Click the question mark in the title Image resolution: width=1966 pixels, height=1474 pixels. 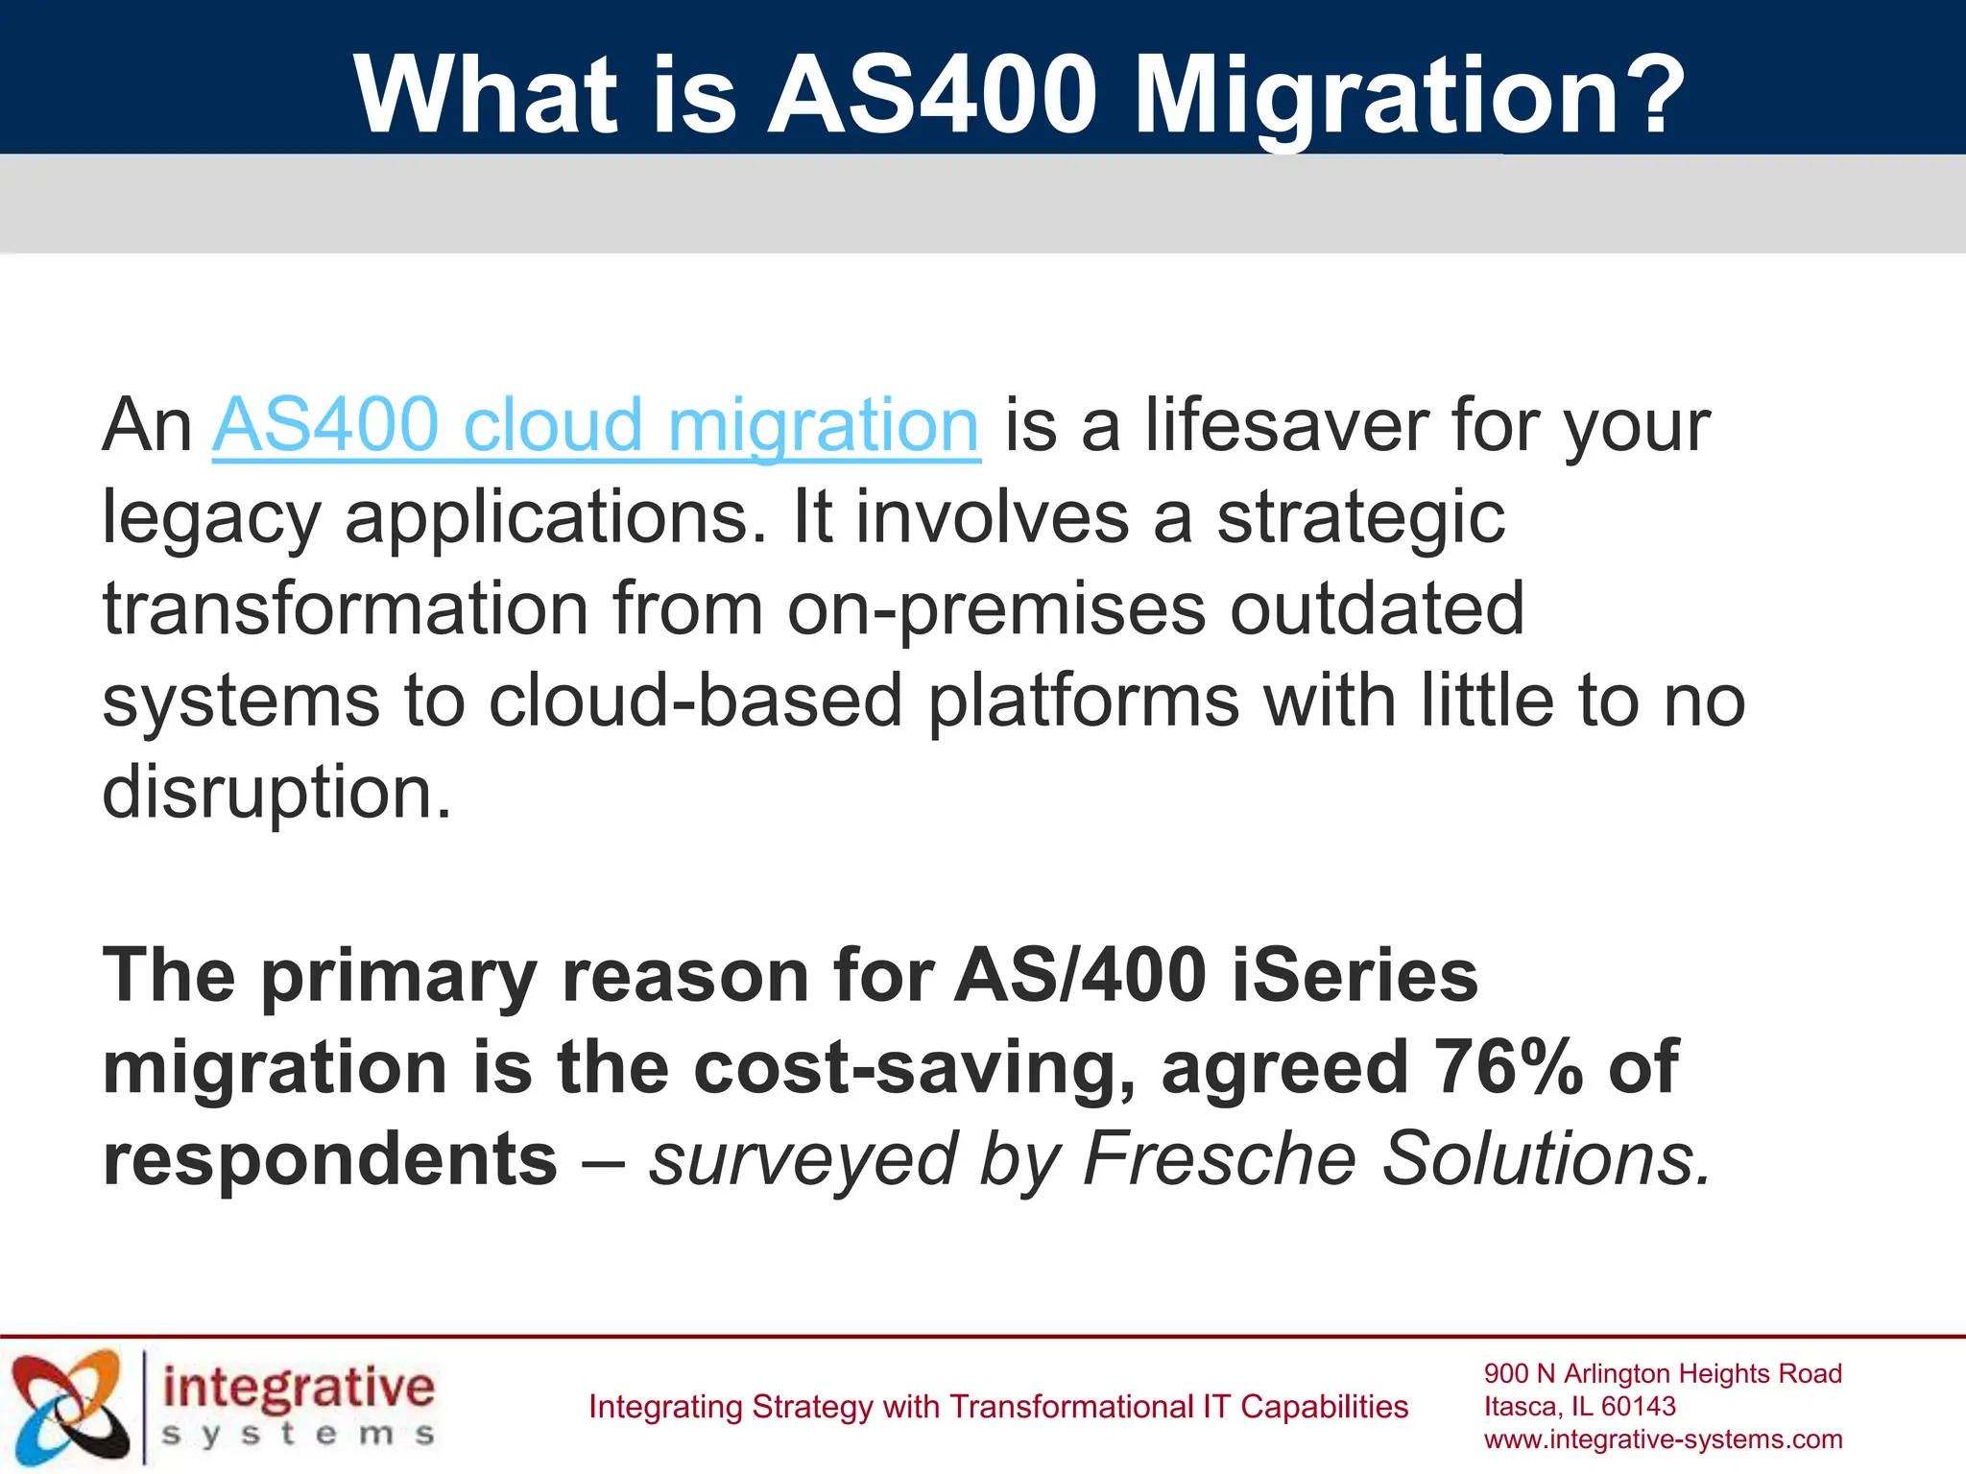pyautogui.click(x=1642, y=94)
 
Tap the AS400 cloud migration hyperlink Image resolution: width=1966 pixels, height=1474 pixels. pyautogui.click(x=595, y=424)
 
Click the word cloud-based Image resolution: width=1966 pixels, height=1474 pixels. pyautogui.click(x=696, y=701)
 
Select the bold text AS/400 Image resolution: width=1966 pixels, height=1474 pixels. pyautogui.click(x=1080, y=976)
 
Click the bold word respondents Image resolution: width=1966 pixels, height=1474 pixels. pyautogui.click(x=329, y=1158)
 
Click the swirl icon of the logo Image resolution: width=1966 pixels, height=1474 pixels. pyautogui.click(x=69, y=1406)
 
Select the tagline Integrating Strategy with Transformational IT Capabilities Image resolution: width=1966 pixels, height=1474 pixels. pyautogui.click(x=997, y=1407)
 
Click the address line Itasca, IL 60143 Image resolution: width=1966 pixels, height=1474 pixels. pyautogui.click(x=1579, y=1407)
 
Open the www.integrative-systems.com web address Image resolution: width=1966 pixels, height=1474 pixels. pyautogui.click(x=1663, y=1439)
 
